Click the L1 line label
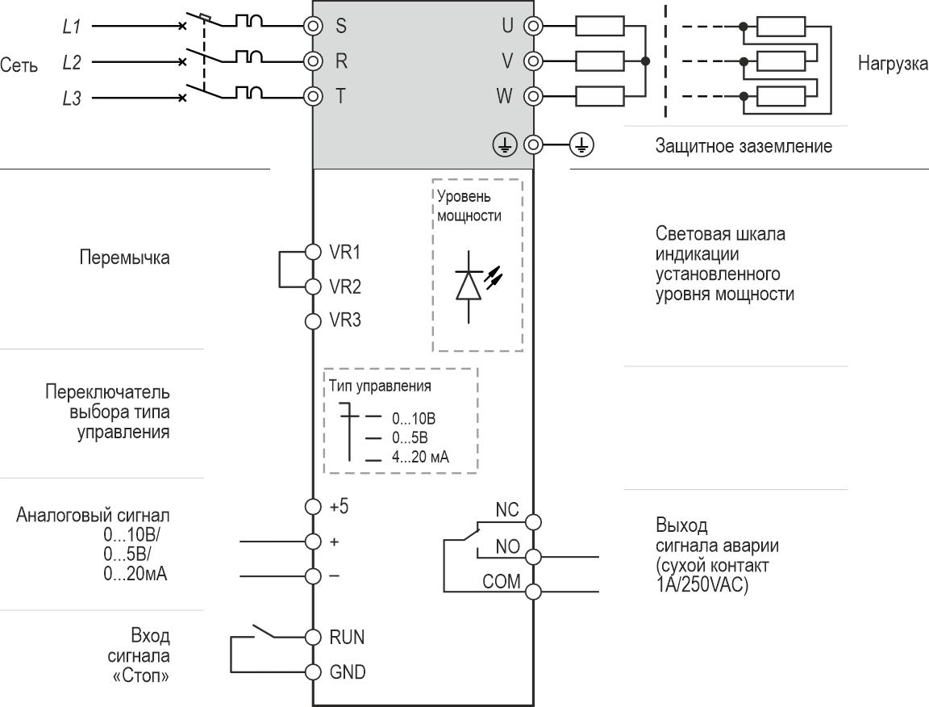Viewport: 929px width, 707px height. [71, 27]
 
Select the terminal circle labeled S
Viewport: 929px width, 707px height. [313, 25]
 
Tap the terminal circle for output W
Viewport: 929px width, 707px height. [532, 97]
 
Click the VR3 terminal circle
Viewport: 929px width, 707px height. [313, 320]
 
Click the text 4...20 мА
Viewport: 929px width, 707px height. [420, 457]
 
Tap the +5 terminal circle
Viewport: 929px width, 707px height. [313, 507]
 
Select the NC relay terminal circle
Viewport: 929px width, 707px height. [533, 521]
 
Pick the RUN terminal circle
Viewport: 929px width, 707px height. [313, 637]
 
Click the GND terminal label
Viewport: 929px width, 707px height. [347, 672]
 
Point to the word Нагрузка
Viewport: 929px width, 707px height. [893, 63]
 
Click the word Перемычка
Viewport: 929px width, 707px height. [124, 259]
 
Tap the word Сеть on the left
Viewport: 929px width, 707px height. [19, 66]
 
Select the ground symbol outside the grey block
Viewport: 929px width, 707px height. [581, 144]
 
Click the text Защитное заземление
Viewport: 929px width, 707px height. [744, 147]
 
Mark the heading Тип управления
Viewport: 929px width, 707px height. [379, 386]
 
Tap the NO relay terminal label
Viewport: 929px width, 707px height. [507, 546]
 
